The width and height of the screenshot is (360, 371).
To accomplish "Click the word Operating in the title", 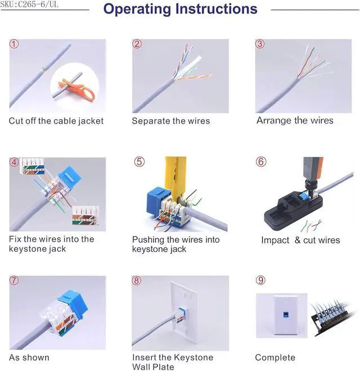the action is point(137,9).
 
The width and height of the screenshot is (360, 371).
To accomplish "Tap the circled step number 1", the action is point(14,44).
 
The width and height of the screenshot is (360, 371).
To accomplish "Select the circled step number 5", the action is point(139,162).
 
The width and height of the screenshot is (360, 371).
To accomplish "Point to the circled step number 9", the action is point(260,280).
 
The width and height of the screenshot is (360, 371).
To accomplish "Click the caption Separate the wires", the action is point(171,121).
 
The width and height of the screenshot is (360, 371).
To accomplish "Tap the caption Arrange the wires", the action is point(295,120).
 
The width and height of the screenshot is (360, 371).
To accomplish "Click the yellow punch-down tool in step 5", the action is point(175,178).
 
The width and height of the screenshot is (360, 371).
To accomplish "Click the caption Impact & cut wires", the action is point(300,240).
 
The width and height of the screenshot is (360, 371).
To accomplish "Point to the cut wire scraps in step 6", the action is point(311,226).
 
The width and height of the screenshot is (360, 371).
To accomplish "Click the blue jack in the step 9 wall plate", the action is point(286,315).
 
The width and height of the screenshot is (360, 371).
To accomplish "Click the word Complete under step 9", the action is point(275,358).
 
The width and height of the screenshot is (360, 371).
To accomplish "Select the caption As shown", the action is point(29,358).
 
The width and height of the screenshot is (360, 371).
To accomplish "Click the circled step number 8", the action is point(137,280).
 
